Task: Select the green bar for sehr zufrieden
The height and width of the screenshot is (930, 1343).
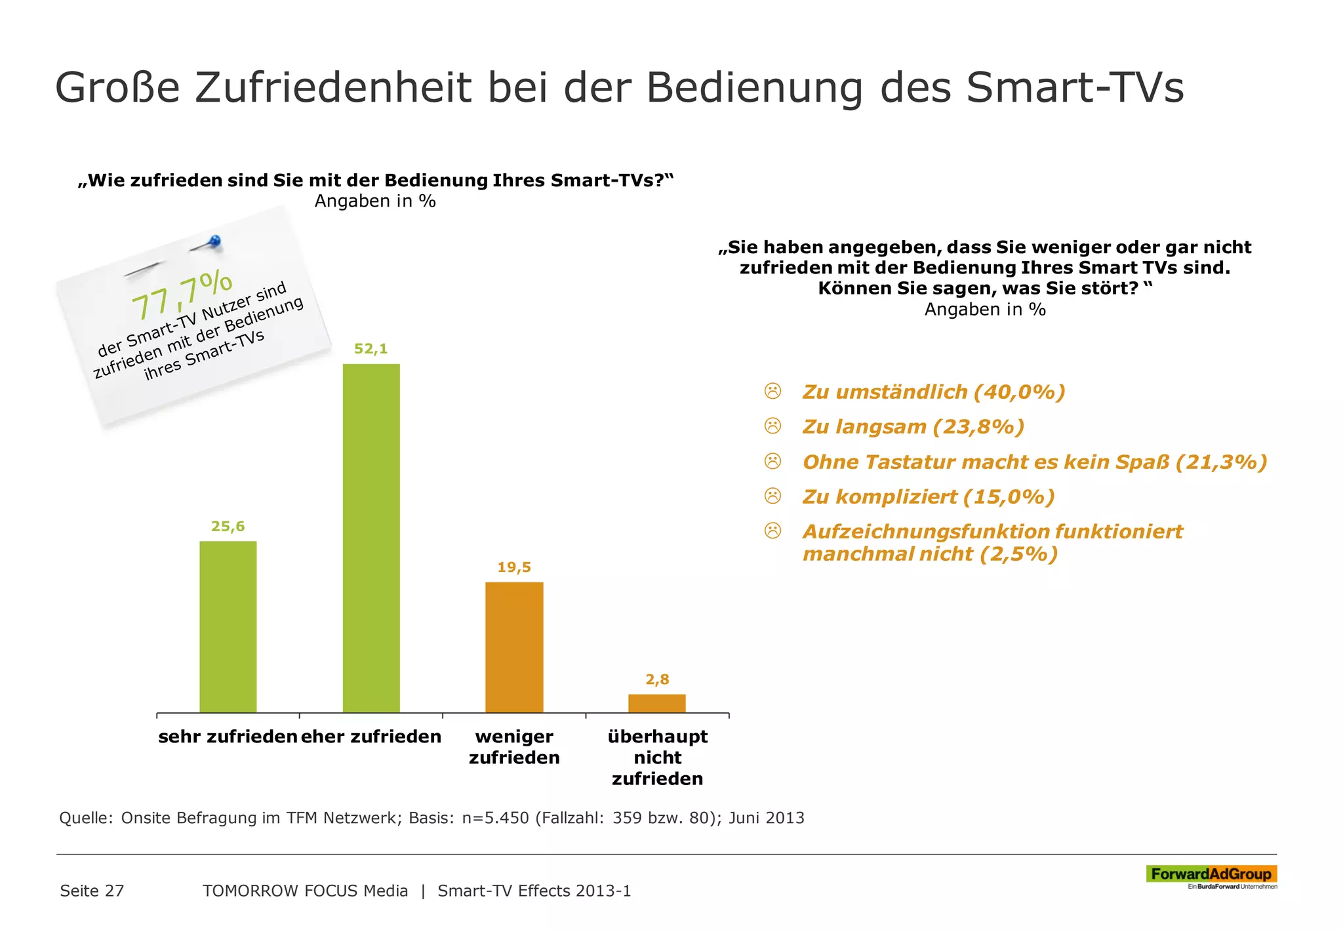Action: [x=228, y=626]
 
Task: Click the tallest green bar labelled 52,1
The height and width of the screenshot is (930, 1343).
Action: [x=371, y=538]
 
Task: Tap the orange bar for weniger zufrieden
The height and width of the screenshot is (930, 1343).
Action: [x=514, y=647]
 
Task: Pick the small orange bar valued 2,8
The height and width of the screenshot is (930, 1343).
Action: [x=656, y=703]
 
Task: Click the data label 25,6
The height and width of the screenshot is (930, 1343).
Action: [x=228, y=526]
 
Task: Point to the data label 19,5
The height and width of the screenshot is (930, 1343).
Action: [x=514, y=567]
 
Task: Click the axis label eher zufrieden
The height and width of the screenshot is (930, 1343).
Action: [x=371, y=737]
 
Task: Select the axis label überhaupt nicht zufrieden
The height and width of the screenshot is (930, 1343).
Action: [x=657, y=758]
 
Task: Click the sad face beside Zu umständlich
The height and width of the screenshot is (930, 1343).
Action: [x=773, y=392]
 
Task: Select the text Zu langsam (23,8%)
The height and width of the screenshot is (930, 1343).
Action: [x=913, y=427]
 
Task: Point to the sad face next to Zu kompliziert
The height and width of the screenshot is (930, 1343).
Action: [x=773, y=496]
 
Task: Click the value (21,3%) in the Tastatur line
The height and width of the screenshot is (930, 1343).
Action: [x=1220, y=462]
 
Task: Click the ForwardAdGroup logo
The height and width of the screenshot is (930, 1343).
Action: [x=1211, y=874]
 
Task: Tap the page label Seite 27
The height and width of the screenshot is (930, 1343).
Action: [x=92, y=891]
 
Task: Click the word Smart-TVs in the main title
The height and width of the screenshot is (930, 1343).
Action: [x=1075, y=87]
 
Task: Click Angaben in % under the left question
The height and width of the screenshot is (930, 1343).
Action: [x=375, y=201]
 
